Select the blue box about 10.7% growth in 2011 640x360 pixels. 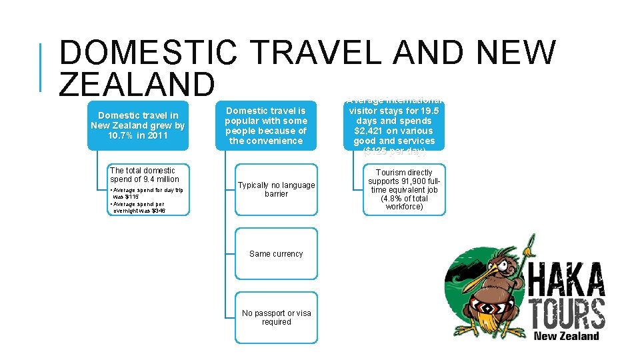(x=139, y=125)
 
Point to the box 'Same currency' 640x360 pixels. (x=276, y=254)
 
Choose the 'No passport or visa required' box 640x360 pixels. (x=276, y=317)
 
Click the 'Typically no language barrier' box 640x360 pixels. (x=276, y=189)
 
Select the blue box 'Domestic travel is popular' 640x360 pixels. (x=266, y=125)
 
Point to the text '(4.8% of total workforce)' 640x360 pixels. (x=404, y=203)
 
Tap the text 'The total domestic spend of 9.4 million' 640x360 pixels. (x=144, y=175)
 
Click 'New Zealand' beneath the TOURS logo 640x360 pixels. (x=567, y=336)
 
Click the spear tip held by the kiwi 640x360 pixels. (x=531, y=244)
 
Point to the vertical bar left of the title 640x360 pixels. (x=41, y=67)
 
